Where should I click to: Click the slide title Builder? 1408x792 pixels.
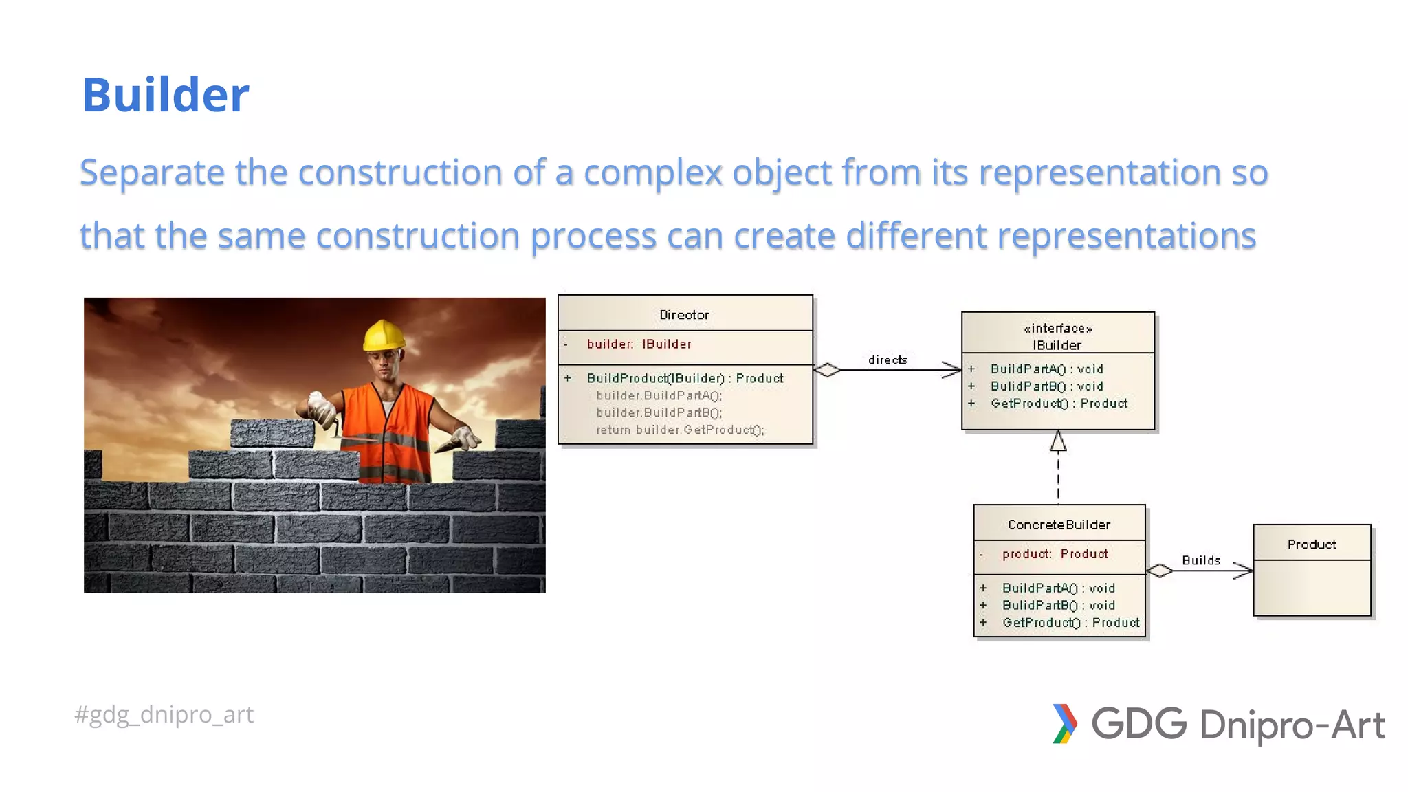click(165, 95)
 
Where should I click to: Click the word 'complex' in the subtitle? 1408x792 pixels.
click(652, 173)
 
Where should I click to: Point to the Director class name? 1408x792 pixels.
click(684, 315)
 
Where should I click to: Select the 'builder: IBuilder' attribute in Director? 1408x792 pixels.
click(639, 344)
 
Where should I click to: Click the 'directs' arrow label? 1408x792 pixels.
click(888, 360)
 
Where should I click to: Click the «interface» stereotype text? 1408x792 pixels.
click(1057, 329)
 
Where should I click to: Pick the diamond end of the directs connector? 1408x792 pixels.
click(827, 370)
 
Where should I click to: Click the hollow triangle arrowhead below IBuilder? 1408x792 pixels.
click(1058, 441)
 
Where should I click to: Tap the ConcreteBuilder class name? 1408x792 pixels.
click(1059, 525)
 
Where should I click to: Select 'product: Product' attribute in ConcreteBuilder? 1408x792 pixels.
click(1055, 553)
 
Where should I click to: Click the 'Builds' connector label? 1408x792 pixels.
click(1200, 560)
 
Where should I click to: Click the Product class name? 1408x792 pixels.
click(1311, 544)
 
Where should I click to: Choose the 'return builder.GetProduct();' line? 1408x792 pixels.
click(679, 430)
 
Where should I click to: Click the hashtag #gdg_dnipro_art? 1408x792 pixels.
click(164, 714)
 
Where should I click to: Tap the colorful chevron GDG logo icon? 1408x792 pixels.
click(1064, 723)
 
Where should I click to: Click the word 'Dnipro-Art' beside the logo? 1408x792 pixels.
click(1292, 725)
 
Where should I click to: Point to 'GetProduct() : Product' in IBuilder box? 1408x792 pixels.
click(1059, 404)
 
